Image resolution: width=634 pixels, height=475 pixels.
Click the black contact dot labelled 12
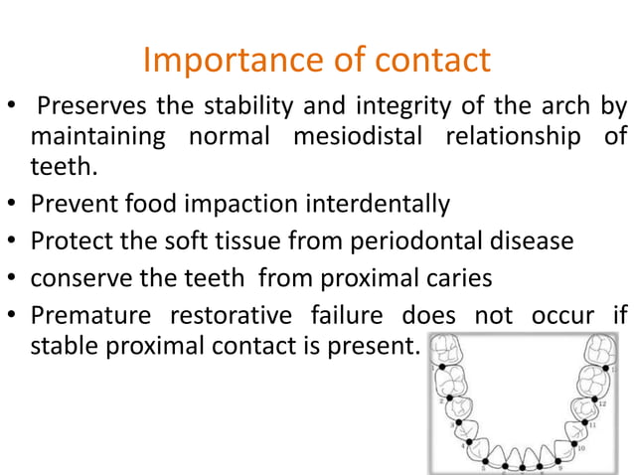coord(587,397)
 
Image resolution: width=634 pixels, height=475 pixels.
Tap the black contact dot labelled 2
coord(449,396)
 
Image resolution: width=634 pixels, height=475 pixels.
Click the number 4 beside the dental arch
coord(463,444)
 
